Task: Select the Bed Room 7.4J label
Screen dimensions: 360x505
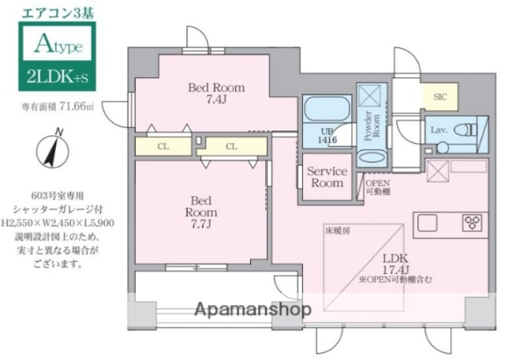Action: pyautogui.click(x=215, y=93)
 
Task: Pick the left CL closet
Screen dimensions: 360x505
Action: pyautogui.click(x=162, y=146)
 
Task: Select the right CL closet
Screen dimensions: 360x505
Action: pyautogui.click(x=232, y=146)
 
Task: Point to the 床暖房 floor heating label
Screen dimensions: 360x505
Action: pyautogui.click(x=336, y=231)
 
